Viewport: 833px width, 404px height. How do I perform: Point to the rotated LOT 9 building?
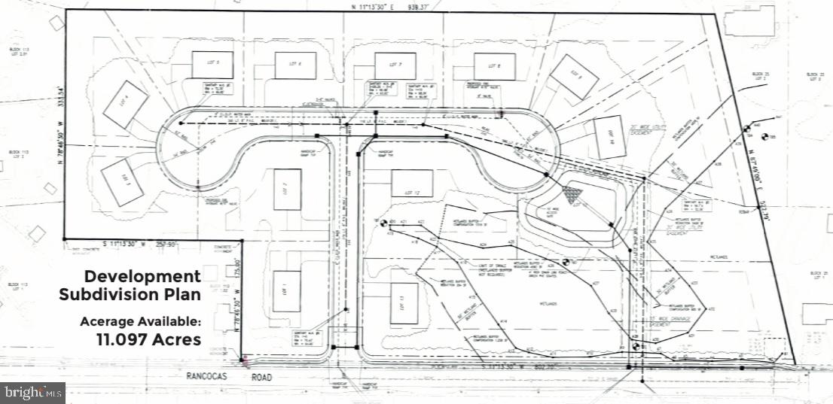point(574,77)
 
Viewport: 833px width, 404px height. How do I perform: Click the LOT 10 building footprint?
point(609,138)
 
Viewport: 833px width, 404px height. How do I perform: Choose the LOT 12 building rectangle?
point(411,183)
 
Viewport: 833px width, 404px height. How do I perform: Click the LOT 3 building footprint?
point(122,181)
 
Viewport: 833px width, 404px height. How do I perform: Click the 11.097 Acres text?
point(148,339)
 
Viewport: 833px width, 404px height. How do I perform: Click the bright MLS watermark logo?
point(32,392)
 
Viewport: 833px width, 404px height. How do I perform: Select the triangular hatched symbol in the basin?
point(578,196)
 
